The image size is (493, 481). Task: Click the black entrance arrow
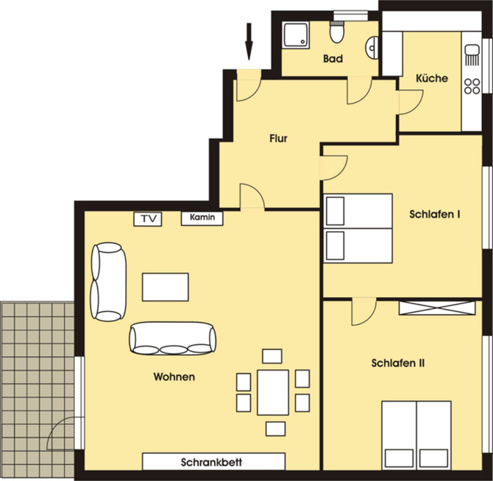(x=249, y=41)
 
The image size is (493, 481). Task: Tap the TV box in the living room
(x=148, y=219)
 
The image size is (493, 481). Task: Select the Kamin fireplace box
(x=202, y=218)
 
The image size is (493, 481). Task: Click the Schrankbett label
(x=211, y=462)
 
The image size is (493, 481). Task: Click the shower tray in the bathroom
(x=296, y=35)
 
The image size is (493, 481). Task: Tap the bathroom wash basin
(x=372, y=48)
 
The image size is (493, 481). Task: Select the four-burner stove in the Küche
(x=472, y=86)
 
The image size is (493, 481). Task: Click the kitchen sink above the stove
(x=472, y=55)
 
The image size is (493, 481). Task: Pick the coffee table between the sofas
(x=166, y=287)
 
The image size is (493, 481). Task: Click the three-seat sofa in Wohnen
(x=173, y=338)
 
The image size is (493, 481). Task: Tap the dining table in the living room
(x=273, y=393)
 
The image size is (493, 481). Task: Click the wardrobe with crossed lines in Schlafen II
(x=437, y=308)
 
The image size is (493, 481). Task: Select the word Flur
(x=278, y=138)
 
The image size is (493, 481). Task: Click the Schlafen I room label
(x=435, y=214)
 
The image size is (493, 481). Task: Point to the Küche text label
(x=432, y=78)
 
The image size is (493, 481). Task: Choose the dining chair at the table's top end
(x=272, y=356)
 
